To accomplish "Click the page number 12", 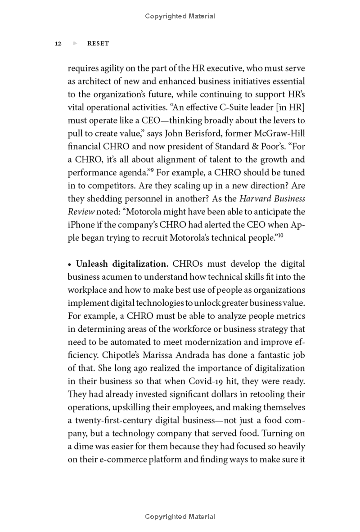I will (58, 44).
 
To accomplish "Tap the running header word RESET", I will (98, 44).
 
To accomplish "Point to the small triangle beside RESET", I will (75, 44).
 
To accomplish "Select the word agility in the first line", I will (113, 69).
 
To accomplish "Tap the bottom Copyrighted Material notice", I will (180, 517).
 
